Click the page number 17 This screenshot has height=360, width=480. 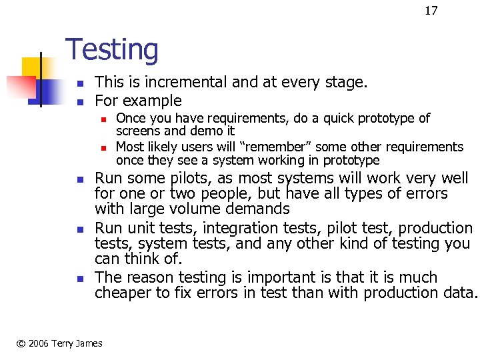click(x=431, y=11)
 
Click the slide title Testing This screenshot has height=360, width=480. click(x=112, y=50)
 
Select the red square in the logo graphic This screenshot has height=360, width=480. click(x=20, y=86)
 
